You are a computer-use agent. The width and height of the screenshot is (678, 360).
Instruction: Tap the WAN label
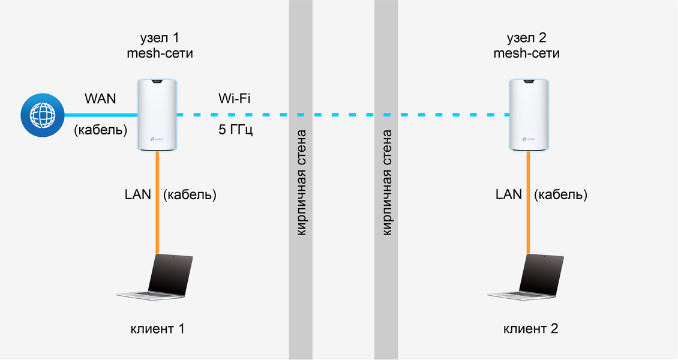coord(101,98)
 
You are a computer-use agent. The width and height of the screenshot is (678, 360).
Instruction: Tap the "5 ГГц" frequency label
coord(235,130)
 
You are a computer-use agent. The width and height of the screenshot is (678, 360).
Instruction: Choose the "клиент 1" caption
coord(157,329)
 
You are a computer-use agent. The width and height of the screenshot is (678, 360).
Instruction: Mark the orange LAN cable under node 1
coord(157,204)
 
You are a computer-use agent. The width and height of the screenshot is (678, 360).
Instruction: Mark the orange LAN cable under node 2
coord(528,204)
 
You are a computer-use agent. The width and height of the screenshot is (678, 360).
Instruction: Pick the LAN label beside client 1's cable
coord(138,194)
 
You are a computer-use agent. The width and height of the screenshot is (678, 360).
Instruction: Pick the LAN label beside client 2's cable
coord(509,194)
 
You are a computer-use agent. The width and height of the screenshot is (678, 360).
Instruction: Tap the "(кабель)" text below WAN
coord(100,130)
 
